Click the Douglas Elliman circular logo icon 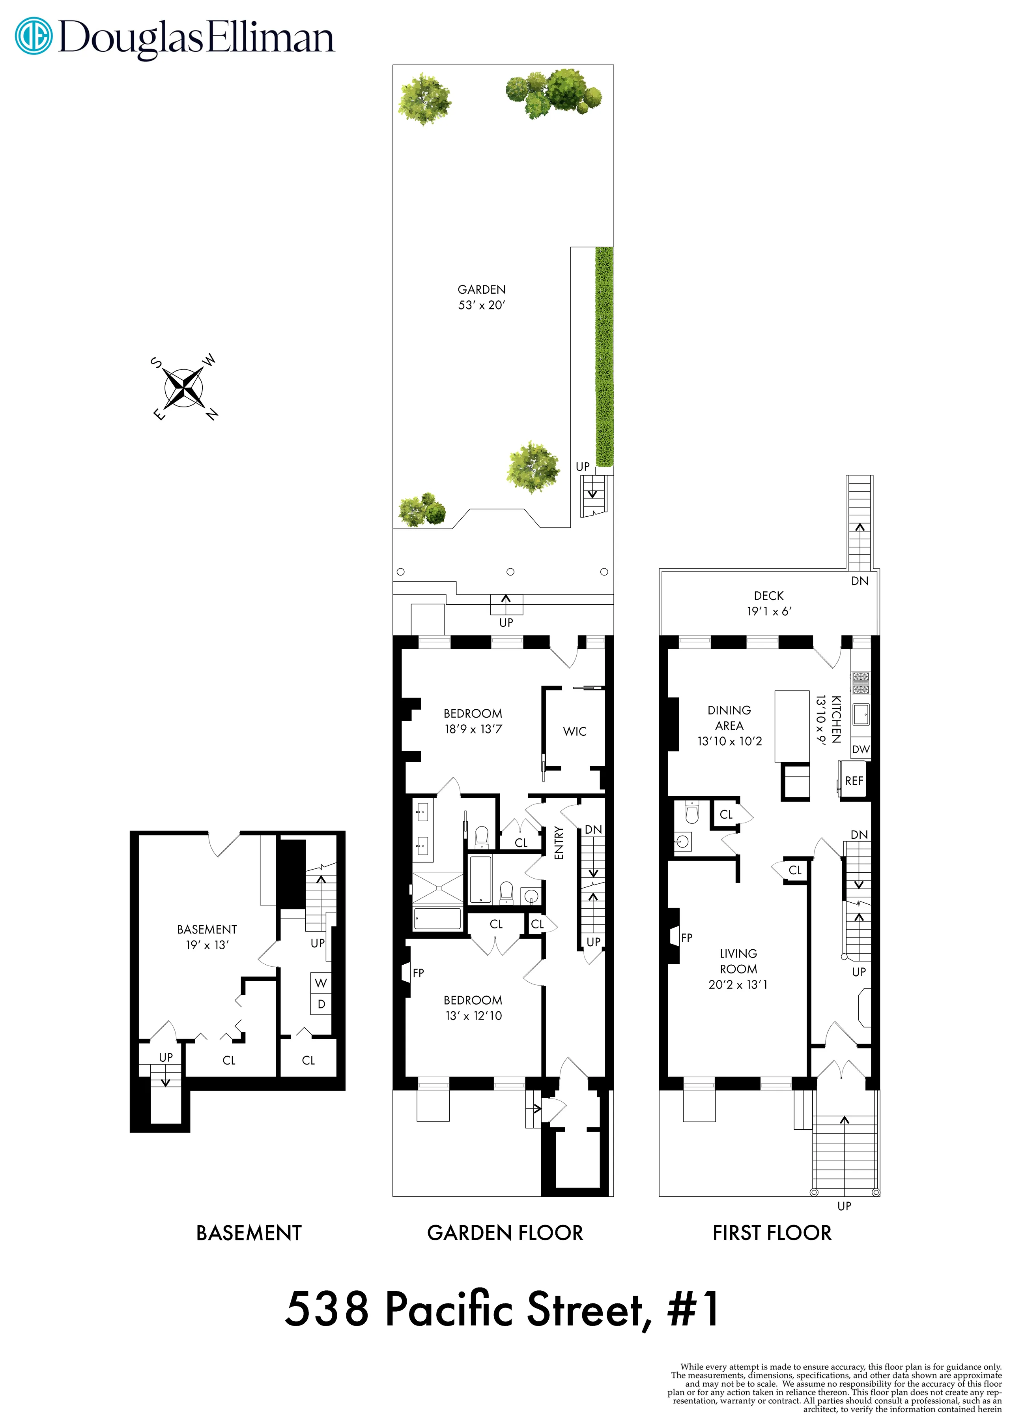click(x=34, y=36)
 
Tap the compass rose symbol click(x=184, y=388)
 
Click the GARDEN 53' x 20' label click(x=481, y=297)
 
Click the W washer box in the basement click(x=321, y=983)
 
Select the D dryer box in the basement click(x=321, y=1004)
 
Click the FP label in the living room click(x=687, y=937)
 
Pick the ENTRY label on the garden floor click(x=559, y=843)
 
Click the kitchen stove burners click(x=860, y=683)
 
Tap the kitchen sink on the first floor click(x=861, y=715)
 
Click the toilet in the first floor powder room click(x=691, y=813)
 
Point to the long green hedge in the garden click(x=604, y=356)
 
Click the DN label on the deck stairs click(x=859, y=581)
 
